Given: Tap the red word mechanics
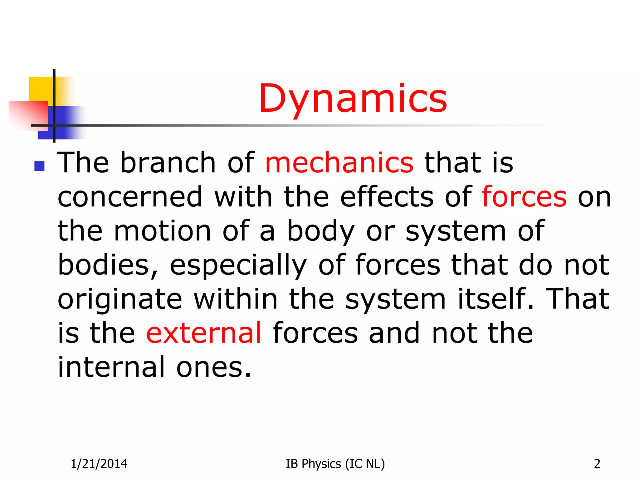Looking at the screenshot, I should (339, 162).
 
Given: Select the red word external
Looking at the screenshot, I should (204, 333).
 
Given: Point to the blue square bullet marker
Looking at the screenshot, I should (39, 166).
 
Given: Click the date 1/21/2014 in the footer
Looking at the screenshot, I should (99, 464).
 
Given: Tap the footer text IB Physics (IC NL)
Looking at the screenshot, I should (335, 464).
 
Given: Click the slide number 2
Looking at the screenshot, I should (597, 464).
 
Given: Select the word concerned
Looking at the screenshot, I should (130, 196).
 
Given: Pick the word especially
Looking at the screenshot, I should (238, 265).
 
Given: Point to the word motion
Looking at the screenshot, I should (163, 231).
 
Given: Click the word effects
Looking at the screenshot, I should (387, 196).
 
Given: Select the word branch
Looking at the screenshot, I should (168, 162).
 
